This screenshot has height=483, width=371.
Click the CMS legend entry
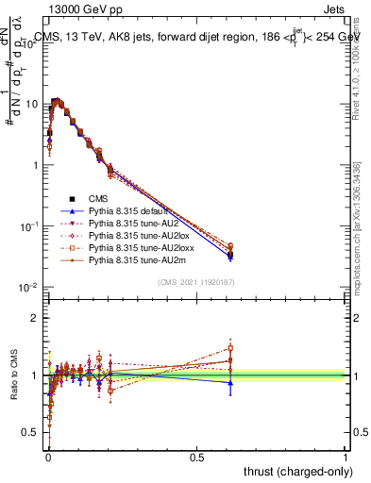(99, 199)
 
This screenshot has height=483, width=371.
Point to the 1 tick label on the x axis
(346, 456)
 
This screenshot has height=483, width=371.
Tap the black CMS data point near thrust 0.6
(230, 255)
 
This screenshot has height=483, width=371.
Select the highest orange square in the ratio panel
(230, 348)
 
